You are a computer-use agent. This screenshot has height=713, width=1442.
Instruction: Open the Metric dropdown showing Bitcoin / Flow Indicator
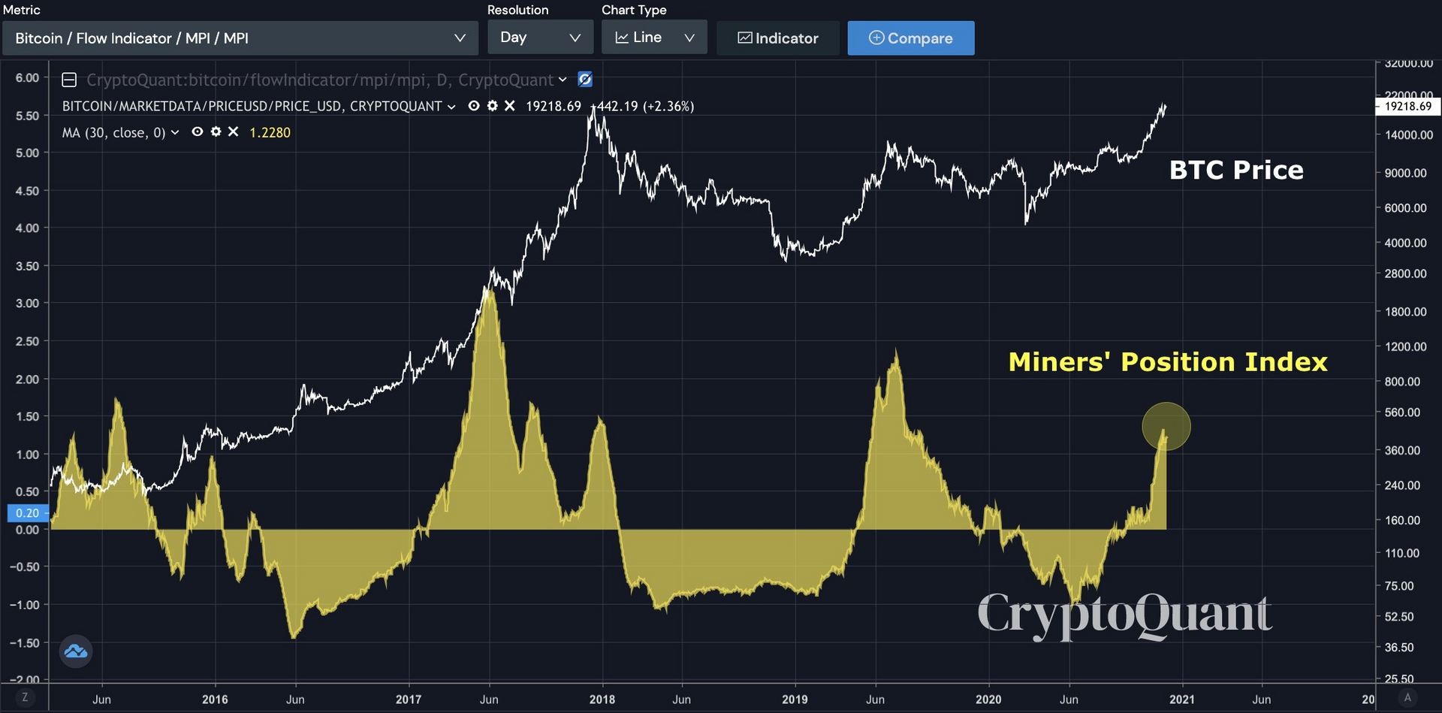click(240, 38)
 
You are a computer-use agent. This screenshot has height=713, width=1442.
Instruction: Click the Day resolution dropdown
click(540, 38)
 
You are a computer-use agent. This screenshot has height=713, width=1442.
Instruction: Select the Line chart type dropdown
click(653, 38)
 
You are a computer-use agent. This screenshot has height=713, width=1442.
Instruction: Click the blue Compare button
click(910, 38)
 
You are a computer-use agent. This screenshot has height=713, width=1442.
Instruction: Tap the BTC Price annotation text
click(1235, 170)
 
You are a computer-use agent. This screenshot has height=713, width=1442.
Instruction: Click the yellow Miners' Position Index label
click(1167, 362)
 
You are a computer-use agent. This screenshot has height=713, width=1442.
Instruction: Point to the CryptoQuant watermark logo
click(1124, 614)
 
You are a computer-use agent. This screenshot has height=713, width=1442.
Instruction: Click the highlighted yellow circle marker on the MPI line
click(1166, 427)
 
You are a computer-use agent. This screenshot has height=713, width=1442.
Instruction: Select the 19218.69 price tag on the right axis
click(1407, 107)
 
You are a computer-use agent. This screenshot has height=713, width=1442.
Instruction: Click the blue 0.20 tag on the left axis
click(27, 513)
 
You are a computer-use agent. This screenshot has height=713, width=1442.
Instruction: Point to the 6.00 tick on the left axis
click(27, 77)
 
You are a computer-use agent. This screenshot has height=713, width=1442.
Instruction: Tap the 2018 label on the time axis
click(602, 699)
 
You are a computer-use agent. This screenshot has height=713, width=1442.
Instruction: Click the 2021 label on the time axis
click(1181, 699)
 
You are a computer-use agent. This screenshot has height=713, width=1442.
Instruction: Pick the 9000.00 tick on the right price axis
click(1405, 173)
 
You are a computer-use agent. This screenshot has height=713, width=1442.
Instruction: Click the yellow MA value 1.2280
click(270, 133)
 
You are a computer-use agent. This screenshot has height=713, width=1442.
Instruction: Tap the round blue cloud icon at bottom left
click(76, 651)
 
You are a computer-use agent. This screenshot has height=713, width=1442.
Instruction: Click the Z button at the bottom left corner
click(25, 697)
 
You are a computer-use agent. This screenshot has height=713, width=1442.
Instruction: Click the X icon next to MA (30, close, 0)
click(234, 132)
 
